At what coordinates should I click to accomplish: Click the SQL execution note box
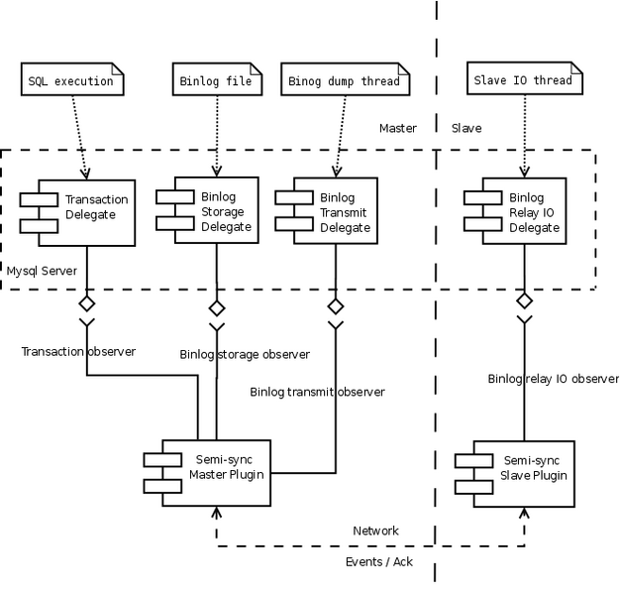(71, 79)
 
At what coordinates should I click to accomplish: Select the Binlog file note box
(217, 79)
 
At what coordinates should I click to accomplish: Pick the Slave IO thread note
(523, 79)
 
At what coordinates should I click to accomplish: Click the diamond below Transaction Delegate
(87, 300)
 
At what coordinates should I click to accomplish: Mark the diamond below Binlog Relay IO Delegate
(525, 299)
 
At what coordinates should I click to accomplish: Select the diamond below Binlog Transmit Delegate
(336, 305)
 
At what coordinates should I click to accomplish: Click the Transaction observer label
(78, 351)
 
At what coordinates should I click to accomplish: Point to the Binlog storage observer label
(245, 354)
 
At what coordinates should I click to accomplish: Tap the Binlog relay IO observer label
(553, 379)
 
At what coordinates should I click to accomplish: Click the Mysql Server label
(42, 270)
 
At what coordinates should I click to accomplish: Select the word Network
(375, 531)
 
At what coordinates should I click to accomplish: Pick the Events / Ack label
(380, 561)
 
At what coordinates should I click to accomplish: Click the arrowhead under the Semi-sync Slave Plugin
(525, 513)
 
